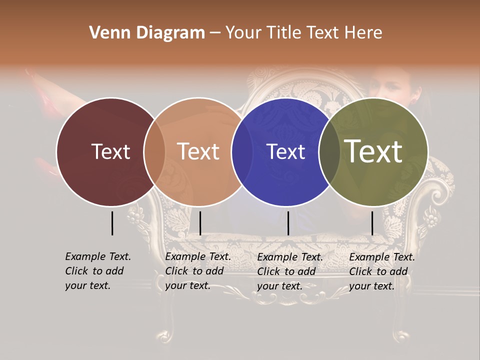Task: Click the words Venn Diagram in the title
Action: pyautogui.click(x=147, y=33)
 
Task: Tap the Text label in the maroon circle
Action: pyautogui.click(x=110, y=151)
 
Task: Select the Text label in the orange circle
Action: pyautogui.click(x=198, y=151)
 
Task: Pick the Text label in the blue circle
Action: pyautogui.click(x=285, y=151)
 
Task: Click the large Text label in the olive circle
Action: pyautogui.click(x=373, y=151)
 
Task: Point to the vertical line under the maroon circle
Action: pyautogui.click(x=112, y=223)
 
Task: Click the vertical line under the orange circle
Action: pyautogui.click(x=200, y=223)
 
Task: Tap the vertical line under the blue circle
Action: pyautogui.click(x=288, y=223)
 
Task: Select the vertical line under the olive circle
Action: pyautogui.click(x=372, y=223)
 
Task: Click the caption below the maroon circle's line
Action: pyautogui.click(x=98, y=271)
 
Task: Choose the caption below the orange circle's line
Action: pyautogui.click(x=198, y=271)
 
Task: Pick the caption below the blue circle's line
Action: pyautogui.click(x=290, y=271)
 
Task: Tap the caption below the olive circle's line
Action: pyautogui.click(x=382, y=271)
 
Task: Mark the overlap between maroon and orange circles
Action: pyautogui.click(x=154, y=151)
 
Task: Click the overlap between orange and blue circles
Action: pyautogui.click(x=241, y=151)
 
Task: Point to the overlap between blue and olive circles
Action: pyautogui.click(x=329, y=151)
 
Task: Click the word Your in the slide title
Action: pyautogui.click(x=243, y=33)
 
